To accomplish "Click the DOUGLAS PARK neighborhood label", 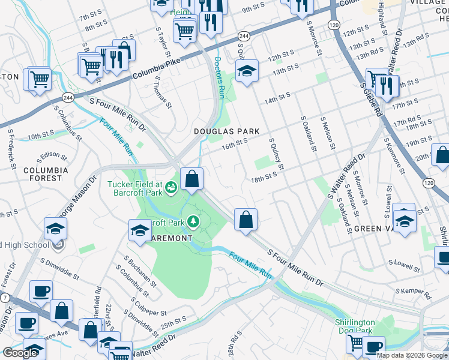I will click(226, 131).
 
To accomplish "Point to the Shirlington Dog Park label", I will click(355, 326).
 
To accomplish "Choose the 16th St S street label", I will click(234, 143).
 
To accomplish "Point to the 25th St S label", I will click(174, 322).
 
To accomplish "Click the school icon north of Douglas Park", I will click(247, 71).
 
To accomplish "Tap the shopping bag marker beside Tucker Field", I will click(191, 179).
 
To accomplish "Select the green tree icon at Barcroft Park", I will click(193, 223).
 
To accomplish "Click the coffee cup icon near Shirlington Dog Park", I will click(373, 347).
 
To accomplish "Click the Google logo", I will click(20, 353).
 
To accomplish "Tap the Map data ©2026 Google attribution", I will click(411, 355).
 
